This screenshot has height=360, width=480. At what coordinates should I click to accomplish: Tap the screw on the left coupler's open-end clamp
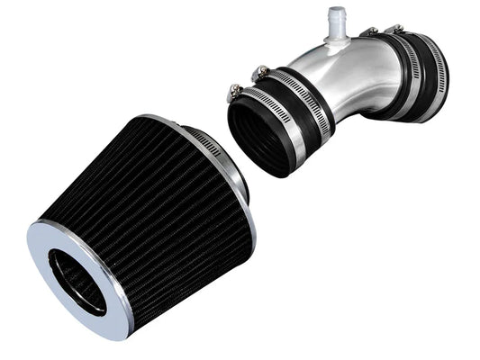pos(236,90)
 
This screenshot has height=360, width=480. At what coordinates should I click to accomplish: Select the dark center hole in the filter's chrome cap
pos(77,280)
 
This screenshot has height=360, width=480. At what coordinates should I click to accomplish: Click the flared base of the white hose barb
pos(336,38)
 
